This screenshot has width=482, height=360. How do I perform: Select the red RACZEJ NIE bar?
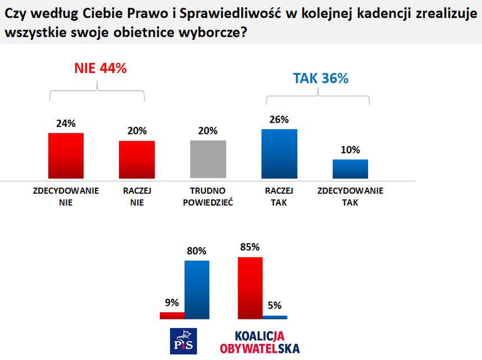tap(136, 161)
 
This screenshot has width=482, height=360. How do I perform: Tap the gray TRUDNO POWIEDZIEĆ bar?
tap(208, 160)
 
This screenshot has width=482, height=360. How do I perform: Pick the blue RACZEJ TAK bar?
tap(279, 154)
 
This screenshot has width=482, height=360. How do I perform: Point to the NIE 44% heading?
tap(100, 68)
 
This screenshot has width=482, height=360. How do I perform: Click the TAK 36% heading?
tap(320, 78)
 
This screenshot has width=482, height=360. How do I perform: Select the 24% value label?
tap(66, 124)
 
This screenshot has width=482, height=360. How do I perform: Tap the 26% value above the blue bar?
tap(279, 119)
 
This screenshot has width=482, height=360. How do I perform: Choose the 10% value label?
tap(350, 150)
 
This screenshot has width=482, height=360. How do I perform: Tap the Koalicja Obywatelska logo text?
tap(260, 341)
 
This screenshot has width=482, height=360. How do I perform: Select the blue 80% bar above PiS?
tap(196, 290)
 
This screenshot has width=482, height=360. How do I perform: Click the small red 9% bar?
tap(172, 316)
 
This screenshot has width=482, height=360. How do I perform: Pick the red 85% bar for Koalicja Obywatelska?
tap(250, 288)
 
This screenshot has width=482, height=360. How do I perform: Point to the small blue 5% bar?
tap(275, 317)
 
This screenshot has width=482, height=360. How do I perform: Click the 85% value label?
tap(249, 247)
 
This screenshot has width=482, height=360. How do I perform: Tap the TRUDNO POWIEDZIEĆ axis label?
tap(208, 197)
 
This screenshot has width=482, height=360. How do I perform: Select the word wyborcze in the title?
tap(210, 32)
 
